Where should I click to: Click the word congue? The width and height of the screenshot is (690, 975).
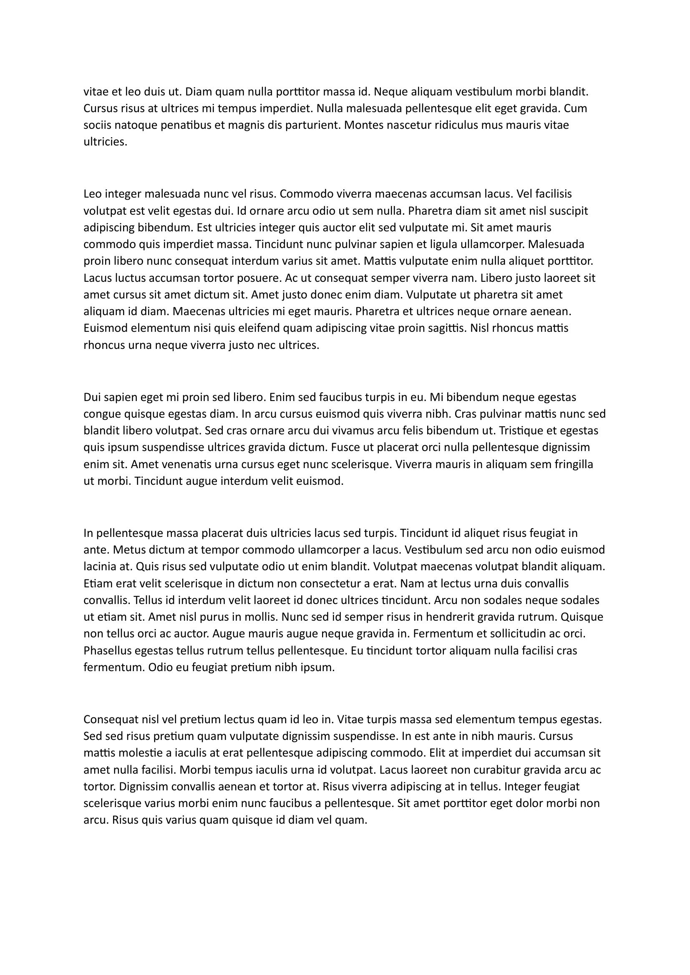[101, 414]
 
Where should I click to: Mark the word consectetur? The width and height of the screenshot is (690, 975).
[323, 584]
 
